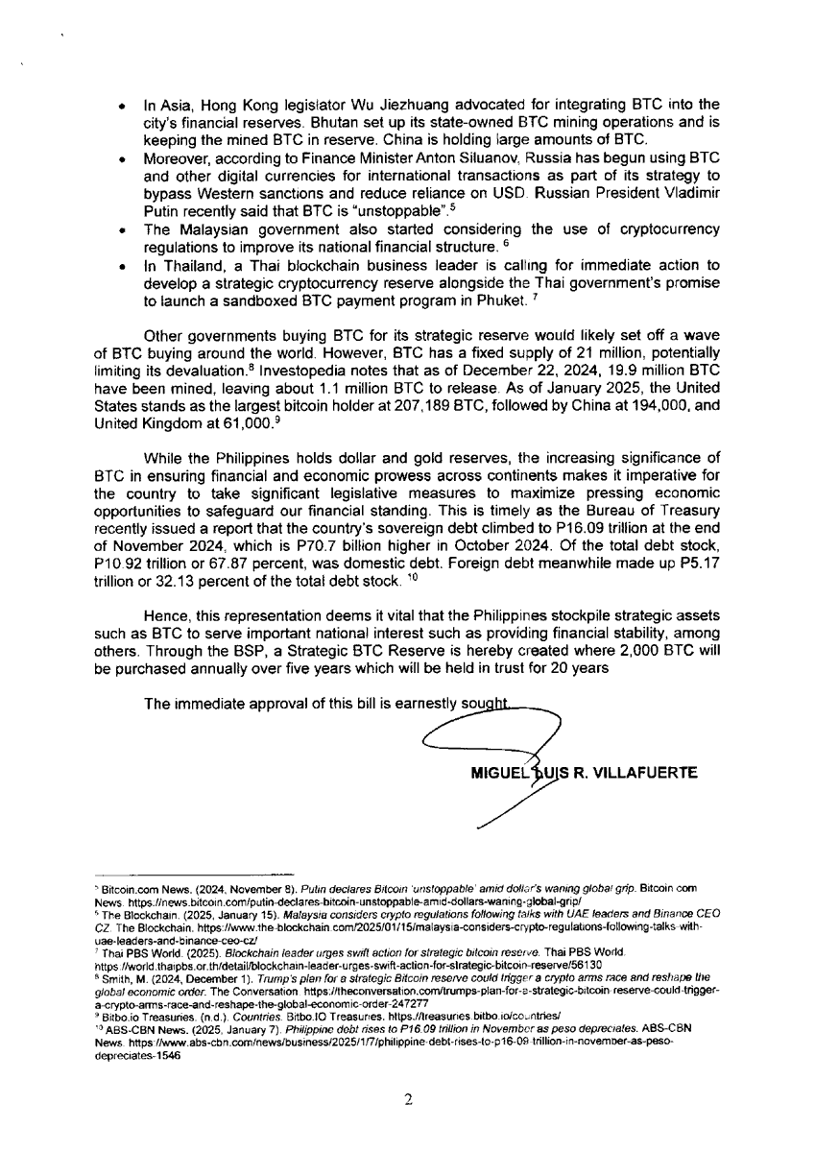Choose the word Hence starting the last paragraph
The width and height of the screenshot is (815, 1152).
click(x=163, y=615)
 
